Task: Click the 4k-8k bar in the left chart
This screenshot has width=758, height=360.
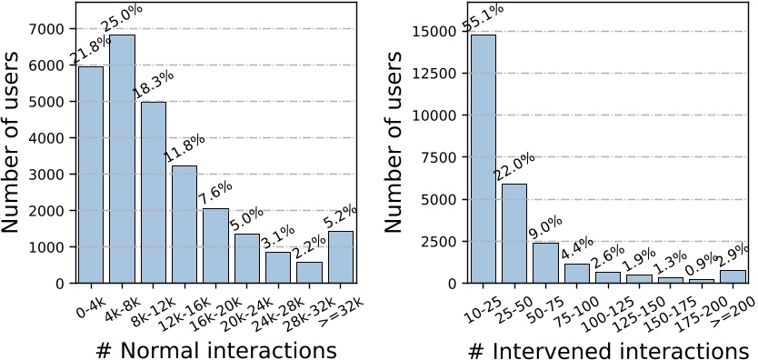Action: (122, 159)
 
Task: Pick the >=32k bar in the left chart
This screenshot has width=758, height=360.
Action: (341, 257)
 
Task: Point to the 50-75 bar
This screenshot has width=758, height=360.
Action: (545, 263)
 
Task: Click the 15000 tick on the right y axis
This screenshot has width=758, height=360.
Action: (434, 32)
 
